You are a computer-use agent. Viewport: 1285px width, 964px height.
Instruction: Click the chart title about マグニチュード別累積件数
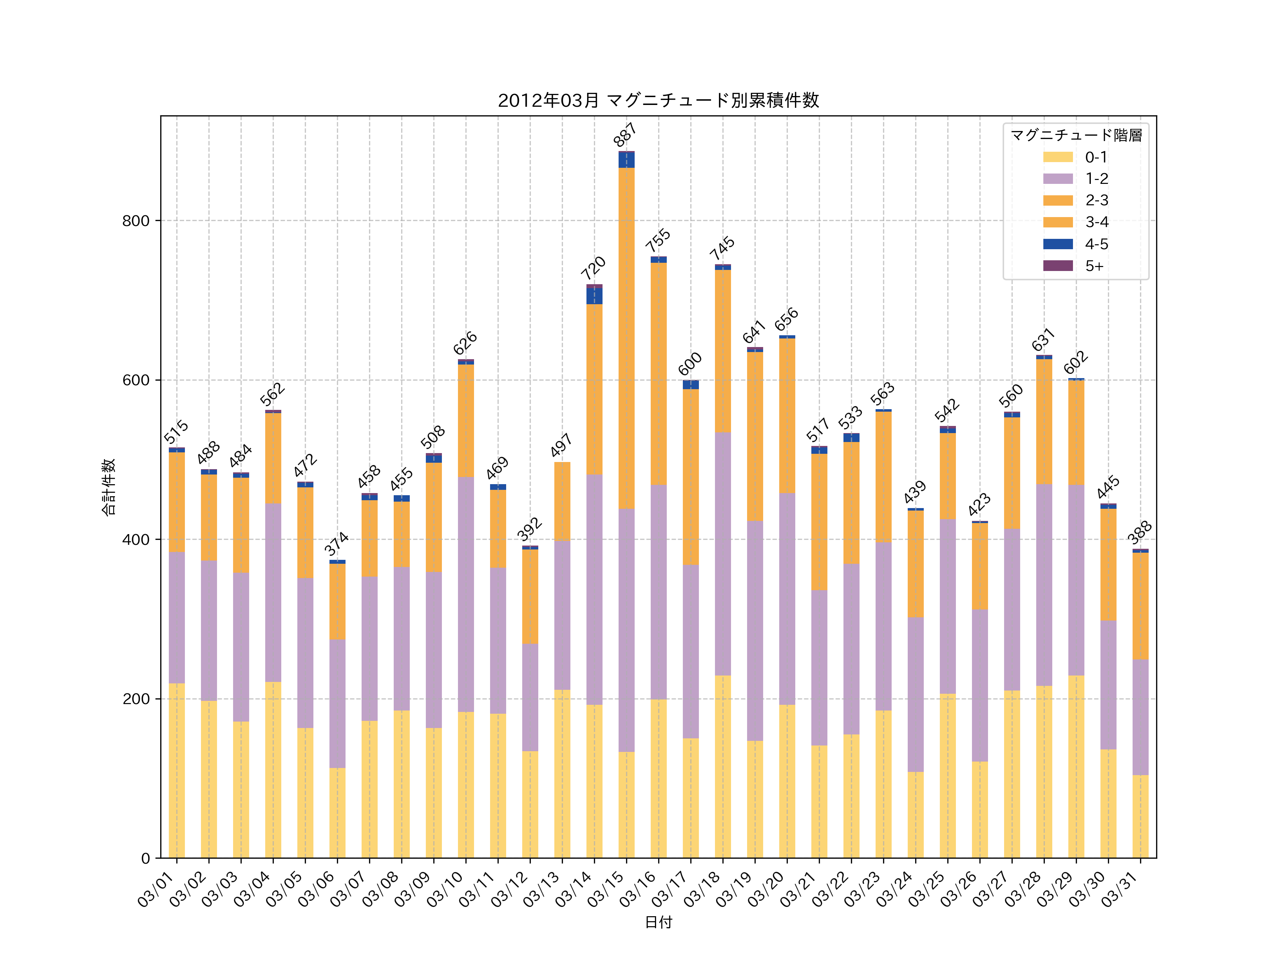pos(658,101)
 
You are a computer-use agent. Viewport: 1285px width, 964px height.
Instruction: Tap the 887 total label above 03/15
pos(625,135)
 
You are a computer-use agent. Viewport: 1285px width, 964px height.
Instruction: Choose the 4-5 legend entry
pos(1075,244)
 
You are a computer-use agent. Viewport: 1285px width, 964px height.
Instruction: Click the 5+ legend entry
pos(1075,266)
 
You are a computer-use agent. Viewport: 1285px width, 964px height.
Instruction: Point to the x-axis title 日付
pos(658,922)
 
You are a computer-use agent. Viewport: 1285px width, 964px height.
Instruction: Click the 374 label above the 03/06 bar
pos(336,543)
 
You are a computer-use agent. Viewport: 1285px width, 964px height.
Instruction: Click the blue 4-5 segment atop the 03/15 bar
pos(626,160)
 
